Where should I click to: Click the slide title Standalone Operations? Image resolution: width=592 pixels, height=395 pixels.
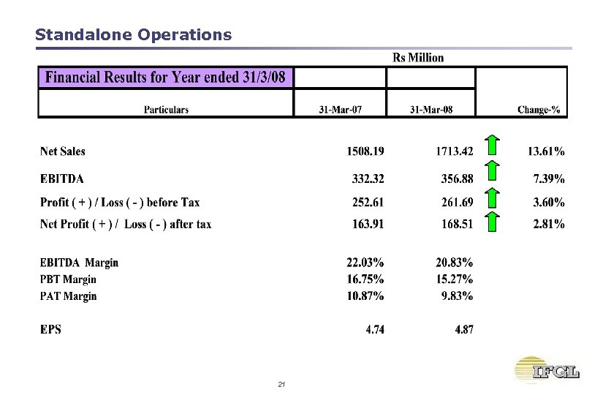[133, 34]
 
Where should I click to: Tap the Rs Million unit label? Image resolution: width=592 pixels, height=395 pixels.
[418, 57]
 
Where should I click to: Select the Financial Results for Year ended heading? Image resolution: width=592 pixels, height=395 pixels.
[166, 78]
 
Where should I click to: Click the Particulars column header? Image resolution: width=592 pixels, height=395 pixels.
[166, 110]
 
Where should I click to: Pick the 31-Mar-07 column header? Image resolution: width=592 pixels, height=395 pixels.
[341, 110]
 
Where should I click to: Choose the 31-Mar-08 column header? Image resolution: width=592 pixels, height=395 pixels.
[431, 110]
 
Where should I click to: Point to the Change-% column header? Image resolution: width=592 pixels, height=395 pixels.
[539, 110]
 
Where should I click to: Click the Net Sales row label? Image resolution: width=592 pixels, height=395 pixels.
[63, 152]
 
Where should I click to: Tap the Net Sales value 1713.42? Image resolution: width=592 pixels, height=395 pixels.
[453, 152]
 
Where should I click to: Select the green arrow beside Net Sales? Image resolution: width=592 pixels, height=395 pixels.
[493, 146]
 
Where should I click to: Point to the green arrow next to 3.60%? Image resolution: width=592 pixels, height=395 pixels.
[493, 198]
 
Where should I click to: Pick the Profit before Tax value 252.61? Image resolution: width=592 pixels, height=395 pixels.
[365, 203]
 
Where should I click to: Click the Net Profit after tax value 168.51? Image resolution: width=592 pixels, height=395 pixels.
[455, 225]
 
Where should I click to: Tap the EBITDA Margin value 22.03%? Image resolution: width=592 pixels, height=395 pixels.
[365, 263]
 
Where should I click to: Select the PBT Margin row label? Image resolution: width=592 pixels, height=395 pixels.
[68, 279]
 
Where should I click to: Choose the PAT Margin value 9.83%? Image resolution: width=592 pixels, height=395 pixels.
[458, 296]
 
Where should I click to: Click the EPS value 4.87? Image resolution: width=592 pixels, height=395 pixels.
[463, 330]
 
